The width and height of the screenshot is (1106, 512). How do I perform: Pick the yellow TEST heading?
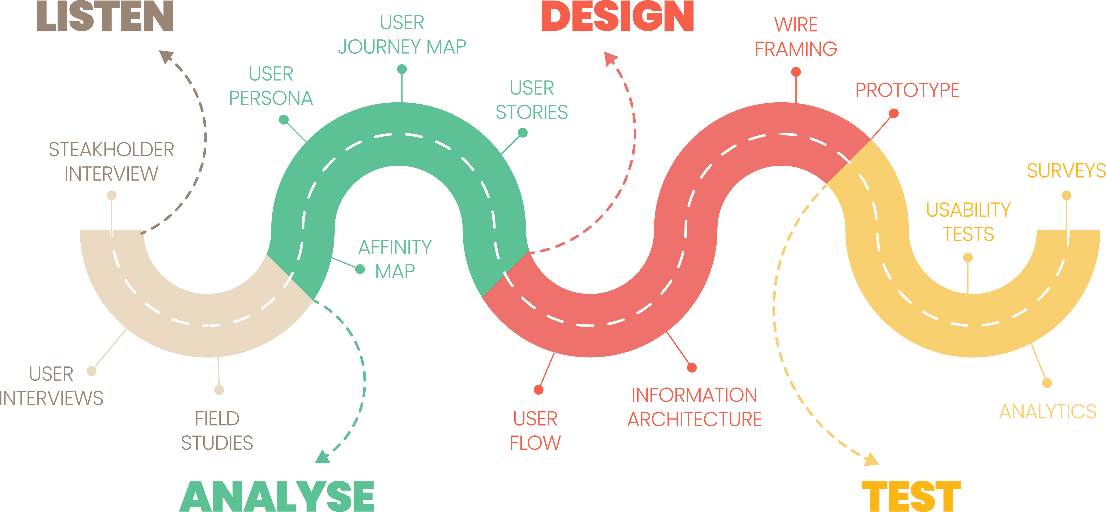[x=911, y=497]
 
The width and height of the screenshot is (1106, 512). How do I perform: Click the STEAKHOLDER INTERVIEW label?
[x=111, y=162]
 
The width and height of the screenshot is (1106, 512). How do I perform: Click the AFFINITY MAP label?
[x=395, y=259]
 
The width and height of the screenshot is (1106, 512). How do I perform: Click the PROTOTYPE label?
[x=907, y=90]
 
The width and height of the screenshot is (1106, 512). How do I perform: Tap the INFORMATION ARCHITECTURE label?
[x=694, y=407]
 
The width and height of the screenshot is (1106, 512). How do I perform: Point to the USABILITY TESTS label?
[x=968, y=222]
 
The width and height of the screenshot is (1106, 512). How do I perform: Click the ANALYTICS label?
[x=1048, y=411]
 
